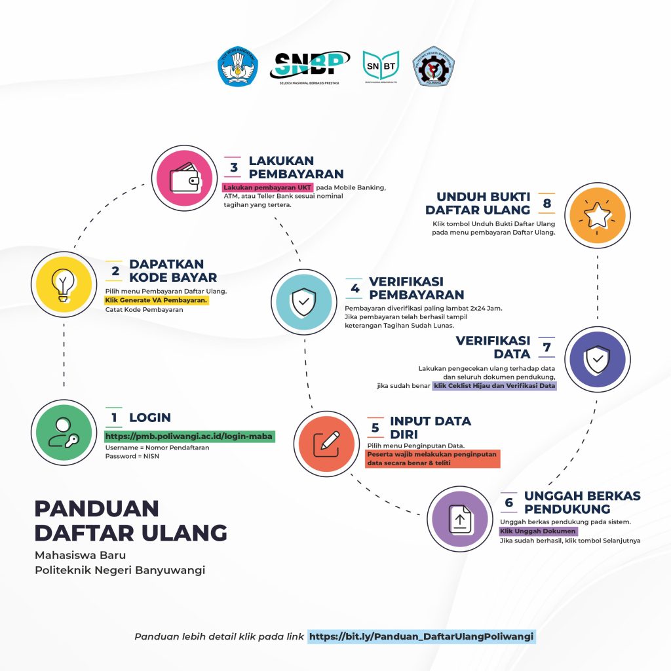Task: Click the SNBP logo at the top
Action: pos(309,66)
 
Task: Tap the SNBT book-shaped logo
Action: pos(381,66)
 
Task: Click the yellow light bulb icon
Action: pos(64,284)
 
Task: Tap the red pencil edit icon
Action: pos(326,444)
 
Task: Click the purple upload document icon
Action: pos(459,519)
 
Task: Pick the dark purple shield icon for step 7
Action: pos(597,359)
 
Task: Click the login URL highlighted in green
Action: pos(189,436)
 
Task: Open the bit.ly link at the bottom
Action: pos(421,636)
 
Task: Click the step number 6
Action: pos(508,502)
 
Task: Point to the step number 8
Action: pos(546,203)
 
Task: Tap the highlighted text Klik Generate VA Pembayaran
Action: pos(157,300)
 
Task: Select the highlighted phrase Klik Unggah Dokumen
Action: pos(538,531)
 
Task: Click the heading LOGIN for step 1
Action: pos(150,417)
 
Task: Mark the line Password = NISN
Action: pos(132,456)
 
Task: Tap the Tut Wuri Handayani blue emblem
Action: pos(238,66)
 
